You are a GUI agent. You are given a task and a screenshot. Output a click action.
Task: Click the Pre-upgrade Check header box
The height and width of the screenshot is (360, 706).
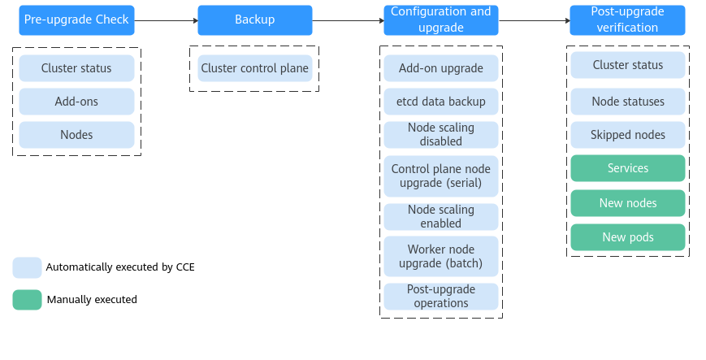[x=76, y=20]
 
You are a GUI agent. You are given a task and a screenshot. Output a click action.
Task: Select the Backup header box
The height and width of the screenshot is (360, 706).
[x=254, y=20]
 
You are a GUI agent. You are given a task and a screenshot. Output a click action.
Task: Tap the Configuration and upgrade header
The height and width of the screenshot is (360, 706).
[x=440, y=20]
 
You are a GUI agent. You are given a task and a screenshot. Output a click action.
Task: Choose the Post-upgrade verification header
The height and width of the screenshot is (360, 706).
[x=627, y=20]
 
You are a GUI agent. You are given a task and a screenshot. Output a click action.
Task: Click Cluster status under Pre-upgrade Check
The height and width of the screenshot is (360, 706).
[x=76, y=68]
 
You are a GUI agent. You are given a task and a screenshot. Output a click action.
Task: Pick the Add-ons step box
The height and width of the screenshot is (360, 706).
[x=76, y=102]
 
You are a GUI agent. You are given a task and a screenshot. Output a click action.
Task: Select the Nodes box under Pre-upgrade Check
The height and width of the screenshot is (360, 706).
[x=76, y=135]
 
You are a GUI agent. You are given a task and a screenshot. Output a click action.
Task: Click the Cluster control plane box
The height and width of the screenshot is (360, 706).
[x=254, y=68]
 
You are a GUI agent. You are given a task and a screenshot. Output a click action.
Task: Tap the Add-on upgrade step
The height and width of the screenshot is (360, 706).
[x=440, y=68]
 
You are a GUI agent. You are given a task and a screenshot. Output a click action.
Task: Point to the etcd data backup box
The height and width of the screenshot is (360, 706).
[x=440, y=102]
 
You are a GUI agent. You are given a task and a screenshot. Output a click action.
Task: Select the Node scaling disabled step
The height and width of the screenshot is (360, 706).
[x=440, y=135]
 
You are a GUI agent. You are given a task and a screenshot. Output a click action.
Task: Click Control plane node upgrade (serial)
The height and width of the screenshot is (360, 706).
[x=440, y=176]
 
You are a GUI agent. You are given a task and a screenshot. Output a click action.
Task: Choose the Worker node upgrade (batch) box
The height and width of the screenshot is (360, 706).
[x=440, y=257]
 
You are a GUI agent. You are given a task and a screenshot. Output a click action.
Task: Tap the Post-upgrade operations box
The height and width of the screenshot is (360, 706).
[x=440, y=297]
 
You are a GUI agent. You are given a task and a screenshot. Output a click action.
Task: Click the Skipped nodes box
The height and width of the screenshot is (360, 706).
[x=627, y=135]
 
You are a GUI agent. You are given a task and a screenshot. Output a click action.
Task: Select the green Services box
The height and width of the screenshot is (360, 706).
[x=627, y=168]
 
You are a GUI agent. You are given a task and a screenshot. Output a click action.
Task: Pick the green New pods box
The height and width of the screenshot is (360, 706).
[x=627, y=237]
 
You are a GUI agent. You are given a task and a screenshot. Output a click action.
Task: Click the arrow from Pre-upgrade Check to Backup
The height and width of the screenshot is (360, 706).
[x=166, y=20]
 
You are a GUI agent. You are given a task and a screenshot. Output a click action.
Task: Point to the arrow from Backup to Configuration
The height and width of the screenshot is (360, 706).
[x=348, y=20]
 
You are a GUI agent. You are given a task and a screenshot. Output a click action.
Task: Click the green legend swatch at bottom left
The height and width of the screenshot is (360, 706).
[x=27, y=300]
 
